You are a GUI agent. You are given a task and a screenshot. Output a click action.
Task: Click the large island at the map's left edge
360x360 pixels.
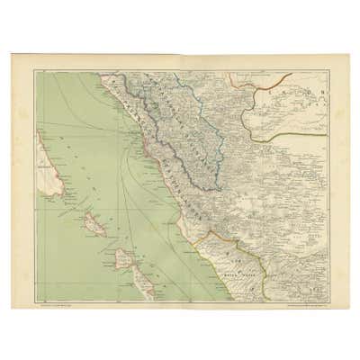click(x=47, y=167)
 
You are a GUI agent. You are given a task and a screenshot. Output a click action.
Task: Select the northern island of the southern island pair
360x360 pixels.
click(x=126, y=260)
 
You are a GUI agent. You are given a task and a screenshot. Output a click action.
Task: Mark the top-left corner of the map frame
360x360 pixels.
click(x=35, y=71)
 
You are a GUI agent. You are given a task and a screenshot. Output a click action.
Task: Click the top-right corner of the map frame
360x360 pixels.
click(x=326, y=71)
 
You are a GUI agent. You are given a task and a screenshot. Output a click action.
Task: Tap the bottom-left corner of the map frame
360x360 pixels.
click(x=35, y=301)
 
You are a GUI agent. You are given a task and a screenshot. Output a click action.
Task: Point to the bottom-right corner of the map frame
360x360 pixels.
click(x=326, y=301)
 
